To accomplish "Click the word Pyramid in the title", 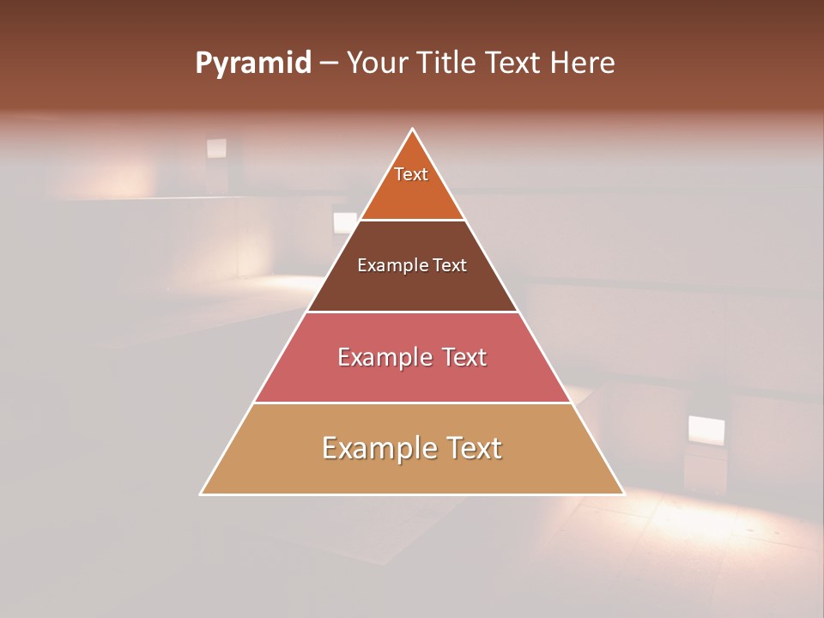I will click(252, 64).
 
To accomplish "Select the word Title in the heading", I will click(448, 64).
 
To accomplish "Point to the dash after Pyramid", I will click(328, 64).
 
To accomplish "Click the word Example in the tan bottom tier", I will click(374, 448).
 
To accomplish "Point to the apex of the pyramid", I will click(413, 130).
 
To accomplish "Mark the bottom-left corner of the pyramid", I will click(201, 494).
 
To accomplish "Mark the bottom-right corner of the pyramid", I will click(623, 494).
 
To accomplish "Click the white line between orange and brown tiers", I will click(412, 220).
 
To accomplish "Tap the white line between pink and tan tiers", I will click(412, 403).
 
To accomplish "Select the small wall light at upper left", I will click(216, 148).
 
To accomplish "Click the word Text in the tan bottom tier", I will click(467, 448).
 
